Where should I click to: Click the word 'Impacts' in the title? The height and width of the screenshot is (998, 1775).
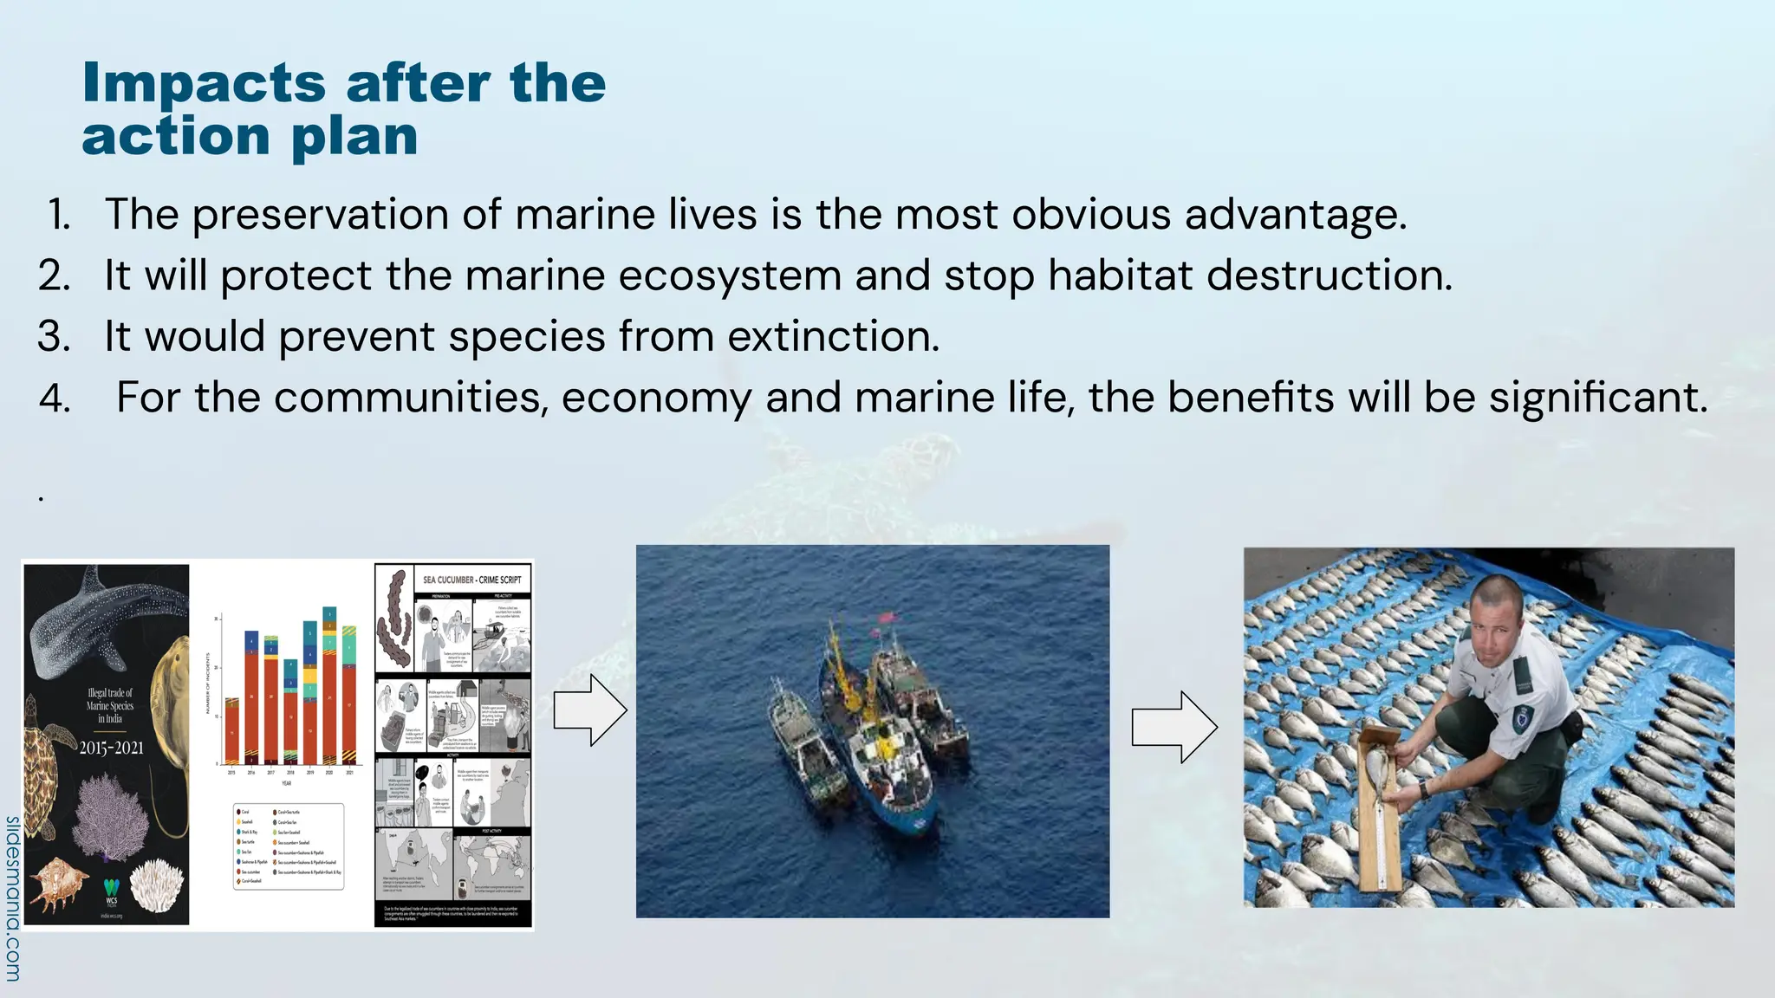coord(203,84)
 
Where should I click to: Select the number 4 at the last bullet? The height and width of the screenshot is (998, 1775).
coord(54,399)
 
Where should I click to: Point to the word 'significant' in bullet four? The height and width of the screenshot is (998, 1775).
coord(1597,398)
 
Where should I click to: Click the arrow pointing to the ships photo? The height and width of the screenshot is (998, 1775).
coord(590,710)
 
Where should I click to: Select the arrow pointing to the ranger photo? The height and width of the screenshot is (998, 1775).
coord(1174,727)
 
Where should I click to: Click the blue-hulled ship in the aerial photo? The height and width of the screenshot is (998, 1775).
coord(884,762)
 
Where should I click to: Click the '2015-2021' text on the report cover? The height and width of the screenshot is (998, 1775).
coord(111,748)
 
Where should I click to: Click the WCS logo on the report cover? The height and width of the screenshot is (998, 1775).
coord(111,892)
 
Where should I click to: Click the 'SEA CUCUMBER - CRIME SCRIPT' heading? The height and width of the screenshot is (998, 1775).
coord(471,580)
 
